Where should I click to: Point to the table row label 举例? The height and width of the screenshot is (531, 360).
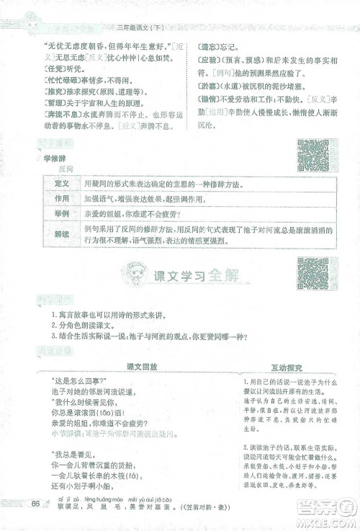click(62, 214)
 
